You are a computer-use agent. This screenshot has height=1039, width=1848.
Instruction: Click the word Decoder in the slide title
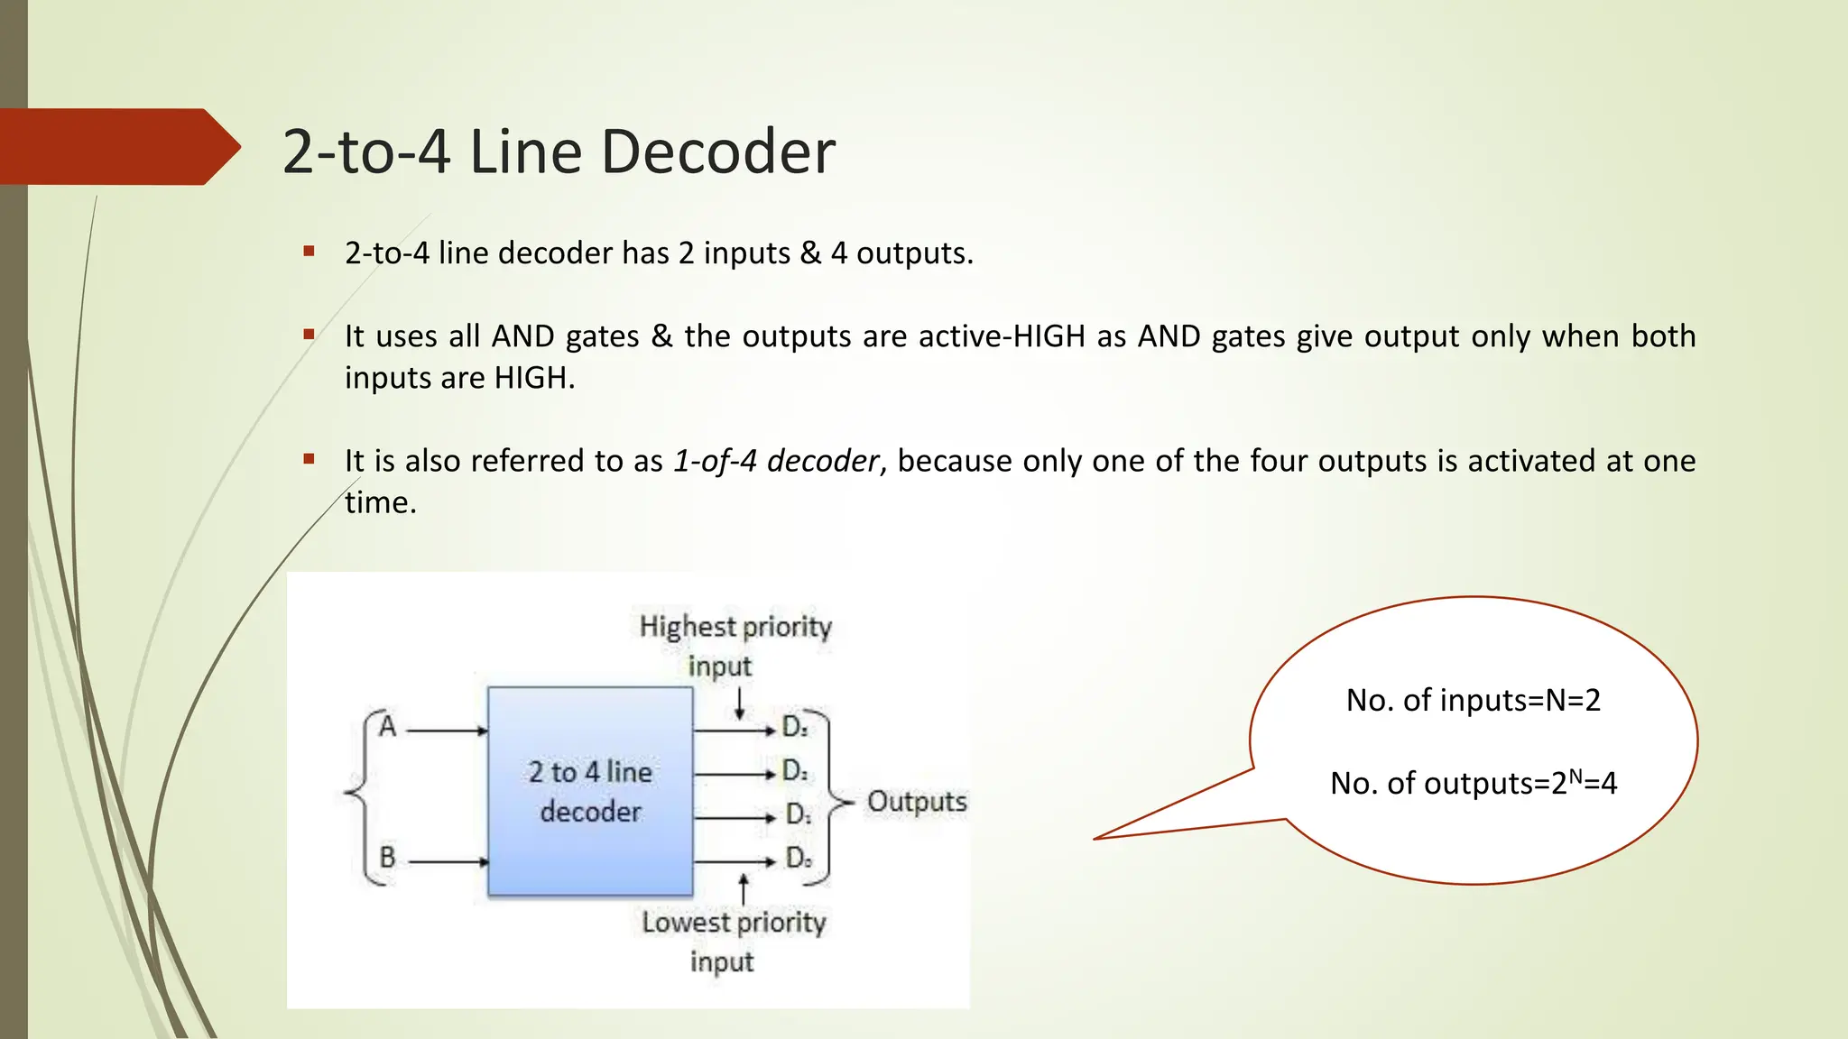[717, 152]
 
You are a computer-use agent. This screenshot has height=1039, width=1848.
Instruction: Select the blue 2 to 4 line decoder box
[590, 791]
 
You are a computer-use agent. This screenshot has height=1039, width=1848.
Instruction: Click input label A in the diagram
[388, 726]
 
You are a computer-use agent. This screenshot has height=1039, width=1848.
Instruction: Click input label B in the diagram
[388, 857]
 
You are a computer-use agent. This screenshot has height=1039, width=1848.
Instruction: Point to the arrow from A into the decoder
[447, 731]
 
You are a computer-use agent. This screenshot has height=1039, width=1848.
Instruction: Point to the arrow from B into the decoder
[448, 862]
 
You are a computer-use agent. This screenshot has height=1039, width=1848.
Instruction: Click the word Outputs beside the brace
[917, 802]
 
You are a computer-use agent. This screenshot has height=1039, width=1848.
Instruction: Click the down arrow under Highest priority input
[740, 703]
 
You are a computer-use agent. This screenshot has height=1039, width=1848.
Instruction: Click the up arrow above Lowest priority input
[743, 888]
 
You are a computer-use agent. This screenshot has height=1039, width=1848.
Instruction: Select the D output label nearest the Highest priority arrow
[795, 726]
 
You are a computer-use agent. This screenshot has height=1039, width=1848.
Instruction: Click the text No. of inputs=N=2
[1473, 701]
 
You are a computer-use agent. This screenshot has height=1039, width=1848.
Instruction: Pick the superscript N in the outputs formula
[1575, 774]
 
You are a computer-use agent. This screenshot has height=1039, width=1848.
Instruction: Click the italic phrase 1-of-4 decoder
[775, 461]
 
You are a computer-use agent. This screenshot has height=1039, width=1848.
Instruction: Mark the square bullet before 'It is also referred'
[310, 459]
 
